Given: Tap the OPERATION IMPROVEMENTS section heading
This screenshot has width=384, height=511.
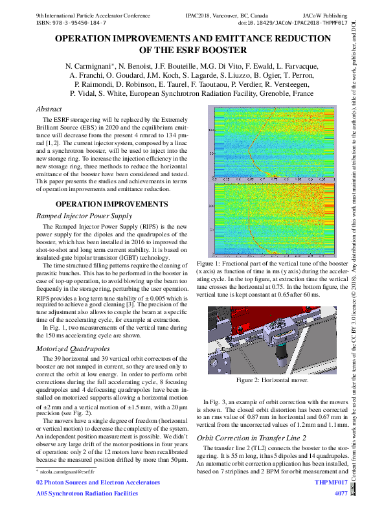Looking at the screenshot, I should click(x=112, y=204).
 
